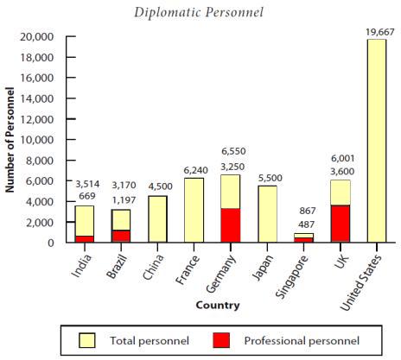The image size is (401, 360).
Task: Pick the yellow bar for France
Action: (194, 210)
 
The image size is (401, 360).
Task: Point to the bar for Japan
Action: (266, 214)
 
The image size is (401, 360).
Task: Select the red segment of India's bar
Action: (85, 238)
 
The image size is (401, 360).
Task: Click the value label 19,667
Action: (376, 32)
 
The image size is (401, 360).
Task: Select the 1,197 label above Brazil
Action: (121, 200)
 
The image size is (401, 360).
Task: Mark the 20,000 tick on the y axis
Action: (37, 37)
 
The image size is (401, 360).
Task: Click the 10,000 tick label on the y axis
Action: (37, 140)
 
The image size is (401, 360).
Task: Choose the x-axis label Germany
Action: (223, 270)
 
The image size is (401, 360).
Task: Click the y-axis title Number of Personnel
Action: (11, 137)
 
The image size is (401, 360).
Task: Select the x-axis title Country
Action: (218, 305)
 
